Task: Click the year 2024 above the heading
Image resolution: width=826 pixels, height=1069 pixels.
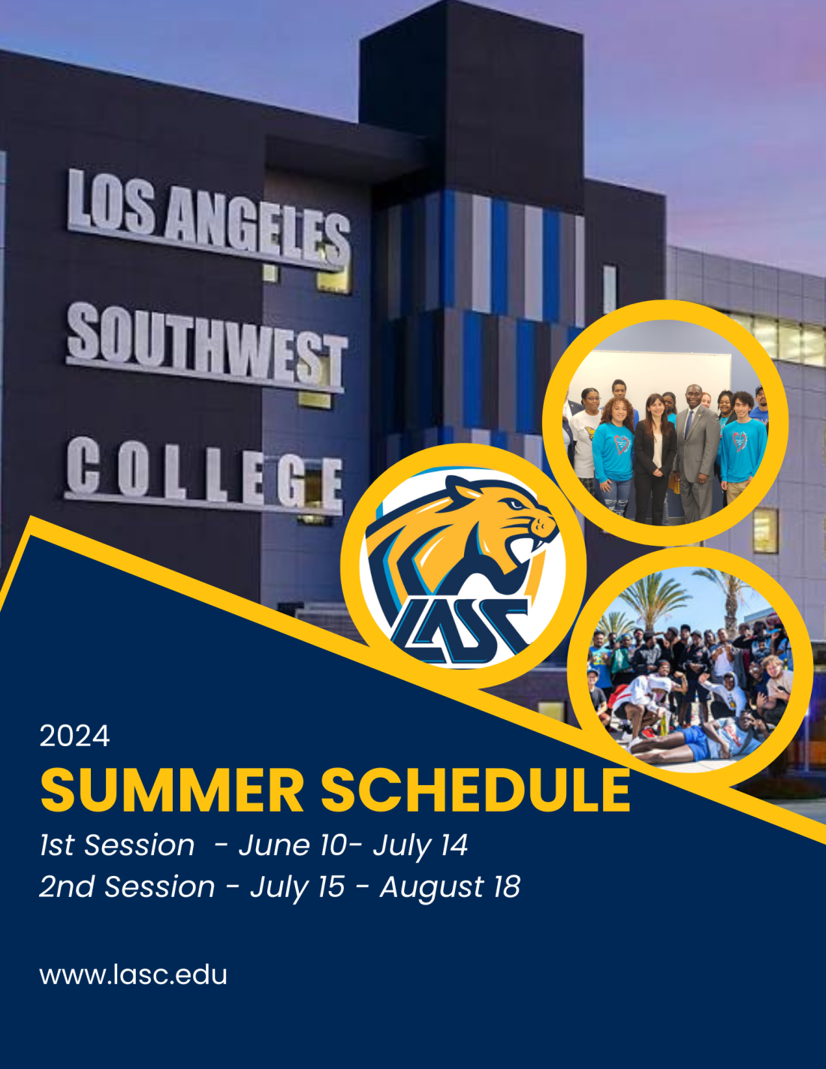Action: [x=75, y=736]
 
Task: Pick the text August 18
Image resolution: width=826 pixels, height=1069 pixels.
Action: [x=450, y=887]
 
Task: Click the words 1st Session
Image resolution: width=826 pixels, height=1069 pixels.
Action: [x=117, y=845]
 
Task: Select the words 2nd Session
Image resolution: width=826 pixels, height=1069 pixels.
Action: [x=127, y=887]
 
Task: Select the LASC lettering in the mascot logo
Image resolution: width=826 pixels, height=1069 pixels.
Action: [x=460, y=631]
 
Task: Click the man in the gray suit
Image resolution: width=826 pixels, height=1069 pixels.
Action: [x=697, y=453]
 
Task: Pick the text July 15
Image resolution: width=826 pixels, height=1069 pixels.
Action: [x=297, y=887]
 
